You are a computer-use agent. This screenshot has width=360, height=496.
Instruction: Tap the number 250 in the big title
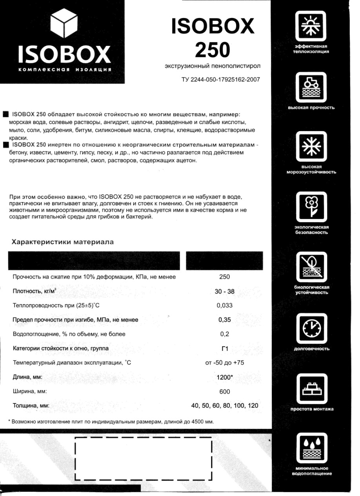212,50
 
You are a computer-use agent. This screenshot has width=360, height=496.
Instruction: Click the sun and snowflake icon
312,26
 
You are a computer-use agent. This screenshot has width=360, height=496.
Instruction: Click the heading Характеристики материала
63,242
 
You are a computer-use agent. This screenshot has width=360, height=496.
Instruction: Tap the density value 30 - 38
224,292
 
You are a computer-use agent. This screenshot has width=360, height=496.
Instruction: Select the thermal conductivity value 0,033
224,306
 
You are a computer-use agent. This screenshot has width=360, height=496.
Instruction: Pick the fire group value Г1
224,348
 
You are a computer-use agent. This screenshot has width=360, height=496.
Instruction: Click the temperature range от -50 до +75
224,363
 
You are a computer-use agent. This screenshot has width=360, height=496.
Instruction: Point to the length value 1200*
225,377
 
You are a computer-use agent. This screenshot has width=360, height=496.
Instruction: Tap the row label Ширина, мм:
30,392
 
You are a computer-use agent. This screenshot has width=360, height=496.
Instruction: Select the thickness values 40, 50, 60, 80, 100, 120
225,406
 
